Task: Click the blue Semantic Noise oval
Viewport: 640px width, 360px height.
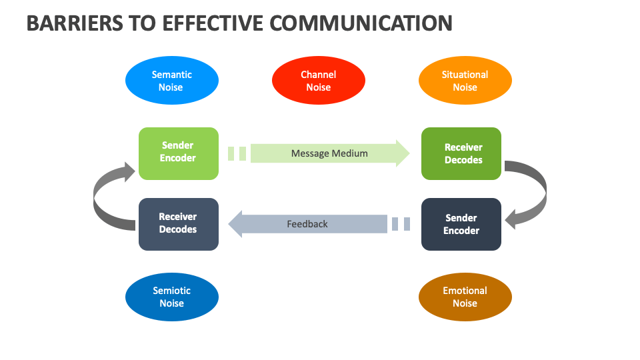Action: pos(171,81)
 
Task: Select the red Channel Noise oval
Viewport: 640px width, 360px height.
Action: pos(318,81)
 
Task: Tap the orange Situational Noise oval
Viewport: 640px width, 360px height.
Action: pos(465,81)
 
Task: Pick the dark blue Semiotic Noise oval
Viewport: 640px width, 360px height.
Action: pos(171,297)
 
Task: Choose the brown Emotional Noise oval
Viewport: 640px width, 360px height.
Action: pos(465,297)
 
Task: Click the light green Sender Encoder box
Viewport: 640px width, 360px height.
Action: pos(178,153)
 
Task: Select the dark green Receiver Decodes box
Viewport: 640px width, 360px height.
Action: pos(461,153)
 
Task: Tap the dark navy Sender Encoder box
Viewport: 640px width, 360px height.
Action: pos(461,224)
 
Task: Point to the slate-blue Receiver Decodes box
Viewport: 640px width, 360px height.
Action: pos(178,224)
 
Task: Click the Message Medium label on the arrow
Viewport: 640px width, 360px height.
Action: pos(329,153)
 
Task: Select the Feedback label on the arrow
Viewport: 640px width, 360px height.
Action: pos(307,224)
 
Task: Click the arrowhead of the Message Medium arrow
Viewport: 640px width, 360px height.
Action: pos(403,153)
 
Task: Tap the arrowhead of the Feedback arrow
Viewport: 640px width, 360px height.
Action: pos(235,224)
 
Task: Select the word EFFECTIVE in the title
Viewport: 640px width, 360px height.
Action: pos(215,23)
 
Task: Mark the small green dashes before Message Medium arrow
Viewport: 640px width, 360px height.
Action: pos(237,153)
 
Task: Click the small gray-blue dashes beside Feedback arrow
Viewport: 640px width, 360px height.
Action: pos(401,224)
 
